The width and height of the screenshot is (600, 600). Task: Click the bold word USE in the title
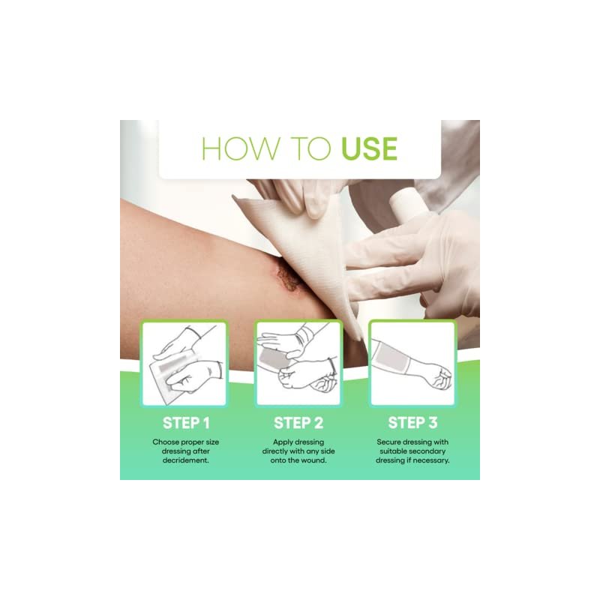[x=369, y=148]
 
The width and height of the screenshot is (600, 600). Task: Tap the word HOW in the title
[x=241, y=148]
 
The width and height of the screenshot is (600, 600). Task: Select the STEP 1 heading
[x=186, y=423]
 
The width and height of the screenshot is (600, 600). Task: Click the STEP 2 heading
[x=298, y=423]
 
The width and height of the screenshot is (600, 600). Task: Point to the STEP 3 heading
[x=412, y=423]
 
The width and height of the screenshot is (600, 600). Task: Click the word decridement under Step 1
[x=185, y=460]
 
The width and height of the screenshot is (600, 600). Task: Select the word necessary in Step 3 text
[x=430, y=460]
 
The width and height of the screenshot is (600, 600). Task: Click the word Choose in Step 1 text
[x=165, y=442]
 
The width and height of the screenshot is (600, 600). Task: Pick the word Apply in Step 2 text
[x=283, y=442]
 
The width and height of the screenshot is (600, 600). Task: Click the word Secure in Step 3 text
[x=388, y=442]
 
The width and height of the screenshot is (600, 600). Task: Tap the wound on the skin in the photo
[x=287, y=274]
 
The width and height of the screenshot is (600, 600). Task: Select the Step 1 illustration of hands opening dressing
[x=184, y=364]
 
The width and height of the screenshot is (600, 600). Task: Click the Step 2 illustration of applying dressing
[x=298, y=364]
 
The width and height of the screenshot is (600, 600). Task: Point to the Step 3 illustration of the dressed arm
[x=412, y=364]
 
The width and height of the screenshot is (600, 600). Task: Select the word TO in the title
[x=310, y=148]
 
